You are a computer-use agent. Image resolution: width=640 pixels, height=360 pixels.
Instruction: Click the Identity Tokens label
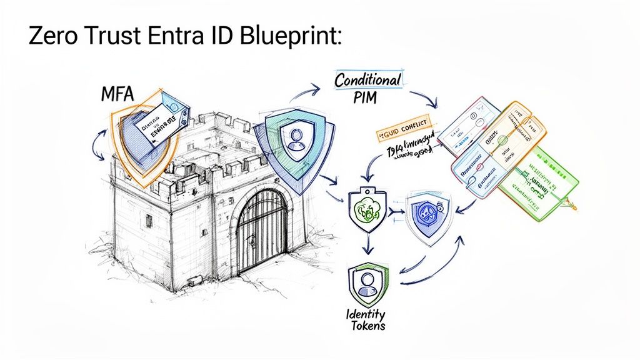pos(367,318)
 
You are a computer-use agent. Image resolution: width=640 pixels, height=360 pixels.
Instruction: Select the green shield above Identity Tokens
pos(367,282)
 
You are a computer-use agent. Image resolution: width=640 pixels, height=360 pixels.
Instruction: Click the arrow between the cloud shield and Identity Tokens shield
pos(366,245)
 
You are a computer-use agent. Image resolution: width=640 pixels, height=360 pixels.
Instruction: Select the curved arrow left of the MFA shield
pos(96,145)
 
